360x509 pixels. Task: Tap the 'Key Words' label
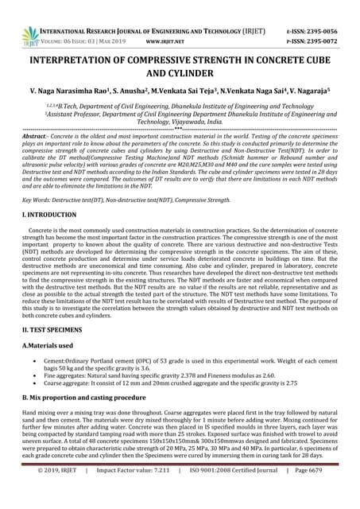(41, 200)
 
